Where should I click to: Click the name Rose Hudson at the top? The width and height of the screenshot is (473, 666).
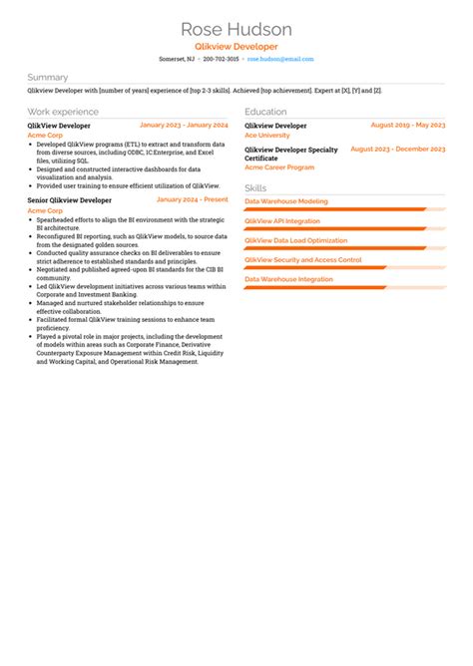pyautogui.click(x=236, y=29)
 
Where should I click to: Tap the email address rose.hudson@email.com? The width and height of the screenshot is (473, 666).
pyautogui.click(x=280, y=59)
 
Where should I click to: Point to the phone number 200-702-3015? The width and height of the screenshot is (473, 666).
pyautogui.click(x=221, y=59)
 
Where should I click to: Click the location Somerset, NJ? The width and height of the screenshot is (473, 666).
pyautogui.click(x=177, y=59)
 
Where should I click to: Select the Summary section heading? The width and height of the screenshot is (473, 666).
pyautogui.click(x=48, y=77)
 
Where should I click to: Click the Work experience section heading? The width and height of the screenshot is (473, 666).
pyautogui.click(x=63, y=112)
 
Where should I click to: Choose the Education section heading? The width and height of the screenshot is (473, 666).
pyautogui.click(x=265, y=112)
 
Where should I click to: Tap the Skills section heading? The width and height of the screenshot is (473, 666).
pyautogui.click(x=255, y=187)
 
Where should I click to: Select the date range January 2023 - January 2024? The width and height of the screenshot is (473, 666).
pyautogui.click(x=184, y=126)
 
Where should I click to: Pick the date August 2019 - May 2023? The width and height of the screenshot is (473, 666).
pyautogui.click(x=407, y=126)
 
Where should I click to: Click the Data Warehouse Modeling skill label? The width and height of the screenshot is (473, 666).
pyautogui.click(x=285, y=201)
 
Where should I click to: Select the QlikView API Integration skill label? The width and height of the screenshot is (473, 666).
pyautogui.click(x=282, y=220)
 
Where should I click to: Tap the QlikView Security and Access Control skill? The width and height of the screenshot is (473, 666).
pyautogui.click(x=302, y=259)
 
